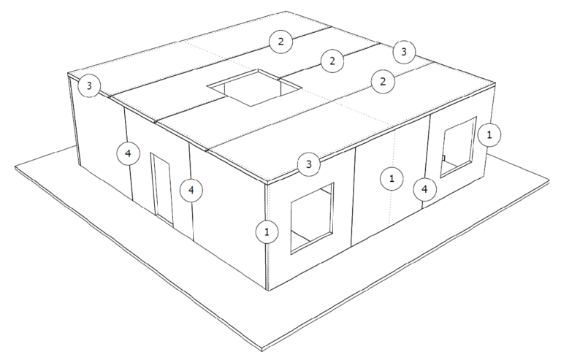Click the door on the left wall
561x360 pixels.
162,189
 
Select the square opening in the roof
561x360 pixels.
254,88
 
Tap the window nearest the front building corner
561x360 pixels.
312,218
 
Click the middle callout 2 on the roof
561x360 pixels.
332,61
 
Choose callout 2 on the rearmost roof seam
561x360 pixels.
280,42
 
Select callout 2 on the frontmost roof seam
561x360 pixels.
383,82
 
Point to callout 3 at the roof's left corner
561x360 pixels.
89,85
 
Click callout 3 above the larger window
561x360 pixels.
309,164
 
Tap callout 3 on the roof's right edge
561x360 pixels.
404,52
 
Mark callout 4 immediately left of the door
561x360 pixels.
128,154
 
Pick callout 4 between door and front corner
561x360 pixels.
191,190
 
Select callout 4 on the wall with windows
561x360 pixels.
424,189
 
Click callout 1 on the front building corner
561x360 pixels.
267,232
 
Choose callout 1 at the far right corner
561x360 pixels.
489,135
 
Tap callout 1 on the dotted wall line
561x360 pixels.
392,178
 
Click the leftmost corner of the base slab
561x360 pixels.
15,167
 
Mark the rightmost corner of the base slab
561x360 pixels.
549,180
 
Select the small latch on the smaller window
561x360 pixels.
443,158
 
